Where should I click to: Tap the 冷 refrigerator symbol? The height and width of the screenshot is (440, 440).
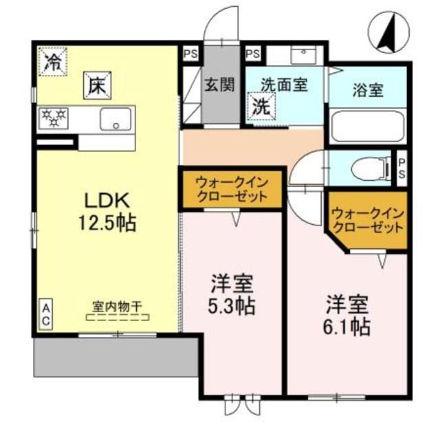pos(52,60)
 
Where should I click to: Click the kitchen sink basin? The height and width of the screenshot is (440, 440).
pos(115,119)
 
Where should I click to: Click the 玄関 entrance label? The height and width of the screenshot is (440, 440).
pos(219,85)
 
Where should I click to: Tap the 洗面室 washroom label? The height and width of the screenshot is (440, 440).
pos(284,85)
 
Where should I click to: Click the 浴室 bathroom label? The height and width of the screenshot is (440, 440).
pos(367,89)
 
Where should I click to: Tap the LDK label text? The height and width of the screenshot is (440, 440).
pos(108,200)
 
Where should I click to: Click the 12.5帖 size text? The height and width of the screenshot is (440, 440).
pos(108,222)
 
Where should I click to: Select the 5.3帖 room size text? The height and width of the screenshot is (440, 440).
pos(232,305)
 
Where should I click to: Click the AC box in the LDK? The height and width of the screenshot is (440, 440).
pos(46,314)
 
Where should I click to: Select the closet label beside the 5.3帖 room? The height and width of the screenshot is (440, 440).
pos(231,188)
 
